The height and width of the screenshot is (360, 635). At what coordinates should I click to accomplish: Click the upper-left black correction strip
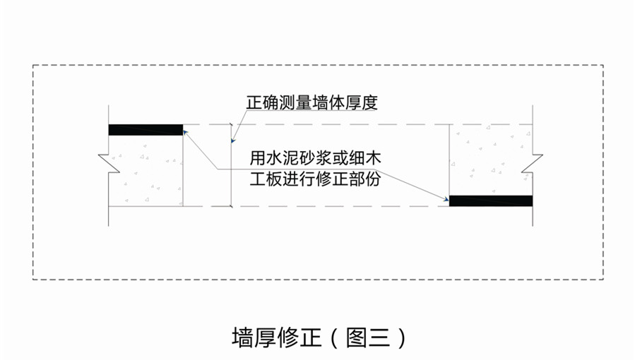(x=145, y=129)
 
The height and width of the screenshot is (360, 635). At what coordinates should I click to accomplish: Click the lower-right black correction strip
(x=490, y=200)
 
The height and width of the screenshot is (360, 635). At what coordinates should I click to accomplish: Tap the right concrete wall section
(x=490, y=160)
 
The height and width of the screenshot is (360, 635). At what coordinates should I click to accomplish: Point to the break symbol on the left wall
(x=107, y=163)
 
